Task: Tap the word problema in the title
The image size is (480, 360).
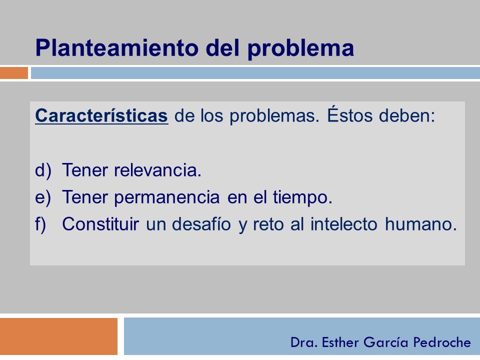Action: click(x=300, y=48)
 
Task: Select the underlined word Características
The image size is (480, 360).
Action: click(x=101, y=115)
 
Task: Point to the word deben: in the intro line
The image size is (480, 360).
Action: click(x=407, y=115)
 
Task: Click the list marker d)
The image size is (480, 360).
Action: click(x=43, y=170)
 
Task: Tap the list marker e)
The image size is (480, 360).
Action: click(x=43, y=197)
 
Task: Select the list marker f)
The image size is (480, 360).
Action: click(x=40, y=224)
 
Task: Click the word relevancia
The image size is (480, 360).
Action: click(x=157, y=170)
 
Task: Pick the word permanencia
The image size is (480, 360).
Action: click(x=167, y=197)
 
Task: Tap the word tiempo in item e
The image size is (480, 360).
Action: click(x=302, y=197)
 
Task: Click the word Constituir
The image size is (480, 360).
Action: click(x=100, y=224)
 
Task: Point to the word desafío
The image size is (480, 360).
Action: click(x=201, y=224)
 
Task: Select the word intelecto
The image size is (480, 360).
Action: click(x=344, y=224)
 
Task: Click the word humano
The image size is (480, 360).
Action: click(x=421, y=224)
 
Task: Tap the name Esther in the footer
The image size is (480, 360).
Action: click(x=340, y=342)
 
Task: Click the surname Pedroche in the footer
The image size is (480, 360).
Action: click(x=442, y=342)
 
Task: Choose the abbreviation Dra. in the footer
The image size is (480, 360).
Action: click(x=303, y=342)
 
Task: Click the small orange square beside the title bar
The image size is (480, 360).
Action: click(x=14, y=73)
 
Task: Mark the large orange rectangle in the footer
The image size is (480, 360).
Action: click(x=59, y=336)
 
